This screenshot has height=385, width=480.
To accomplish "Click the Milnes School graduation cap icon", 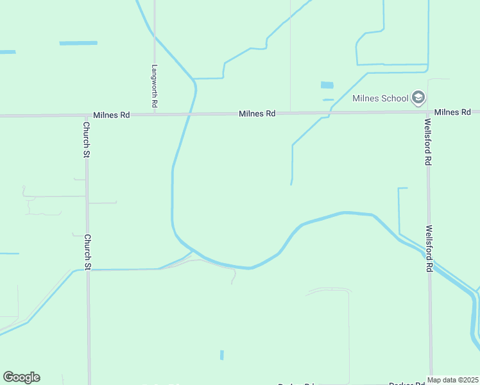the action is click(418, 98).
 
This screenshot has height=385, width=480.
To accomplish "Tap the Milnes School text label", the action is click(380, 99).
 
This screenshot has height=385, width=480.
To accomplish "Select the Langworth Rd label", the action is click(155, 85).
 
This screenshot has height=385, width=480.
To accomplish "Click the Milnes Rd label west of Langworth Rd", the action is click(111, 115).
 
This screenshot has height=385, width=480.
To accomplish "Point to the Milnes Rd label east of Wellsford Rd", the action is click(452, 112).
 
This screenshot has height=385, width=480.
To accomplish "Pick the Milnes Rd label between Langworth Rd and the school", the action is click(257, 114).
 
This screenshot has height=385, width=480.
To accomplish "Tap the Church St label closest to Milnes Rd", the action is click(86, 139).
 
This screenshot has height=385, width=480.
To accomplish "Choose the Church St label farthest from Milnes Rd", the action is click(88, 251).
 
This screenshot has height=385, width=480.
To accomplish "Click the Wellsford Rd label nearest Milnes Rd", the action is click(427, 141).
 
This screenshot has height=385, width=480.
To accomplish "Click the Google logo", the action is click(21, 377).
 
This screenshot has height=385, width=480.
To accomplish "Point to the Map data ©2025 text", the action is click(452, 380).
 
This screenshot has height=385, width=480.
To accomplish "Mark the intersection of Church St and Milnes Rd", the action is click(87, 116).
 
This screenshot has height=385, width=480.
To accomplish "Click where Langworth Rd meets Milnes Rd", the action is click(155, 114).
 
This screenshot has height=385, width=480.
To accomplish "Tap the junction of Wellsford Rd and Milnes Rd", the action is click(427, 112).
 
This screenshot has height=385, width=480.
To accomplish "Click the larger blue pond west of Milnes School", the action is click(327, 85).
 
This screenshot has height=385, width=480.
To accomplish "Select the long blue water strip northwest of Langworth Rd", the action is click(78, 43).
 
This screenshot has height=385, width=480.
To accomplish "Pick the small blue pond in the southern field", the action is click(222, 355).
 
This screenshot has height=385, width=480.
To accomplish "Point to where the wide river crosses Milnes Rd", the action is click(189, 114).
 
